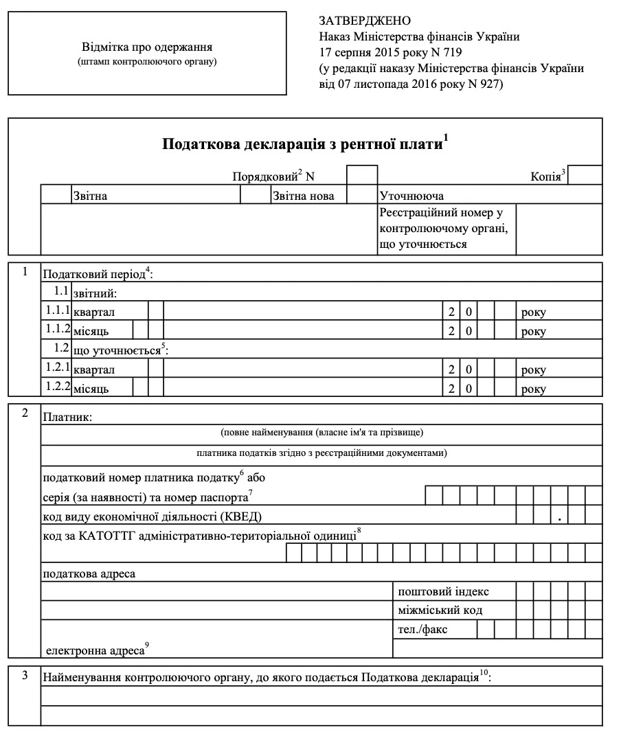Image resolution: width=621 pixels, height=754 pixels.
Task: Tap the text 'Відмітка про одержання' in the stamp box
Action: click(x=148, y=47)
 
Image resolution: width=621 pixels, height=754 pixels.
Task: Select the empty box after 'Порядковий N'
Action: click(x=362, y=175)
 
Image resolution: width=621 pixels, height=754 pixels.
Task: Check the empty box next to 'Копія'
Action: click(x=585, y=175)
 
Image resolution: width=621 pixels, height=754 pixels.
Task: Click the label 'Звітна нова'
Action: click(x=303, y=196)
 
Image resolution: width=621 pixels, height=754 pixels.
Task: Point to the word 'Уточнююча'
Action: click(x=411, y=196)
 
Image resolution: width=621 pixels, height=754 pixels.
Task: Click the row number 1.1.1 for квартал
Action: click(x=58, y=311)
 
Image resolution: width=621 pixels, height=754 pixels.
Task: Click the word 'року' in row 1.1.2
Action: click(x=533, y=332)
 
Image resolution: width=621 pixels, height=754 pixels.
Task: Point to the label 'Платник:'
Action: click(x=67, y=416)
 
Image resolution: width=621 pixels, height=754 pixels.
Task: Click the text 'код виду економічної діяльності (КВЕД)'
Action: click(x=153, y=516)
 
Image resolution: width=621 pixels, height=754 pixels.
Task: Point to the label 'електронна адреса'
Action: click(x=95, y=649)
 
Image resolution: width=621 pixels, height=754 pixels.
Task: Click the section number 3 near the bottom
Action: click(x=25, y=676)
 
